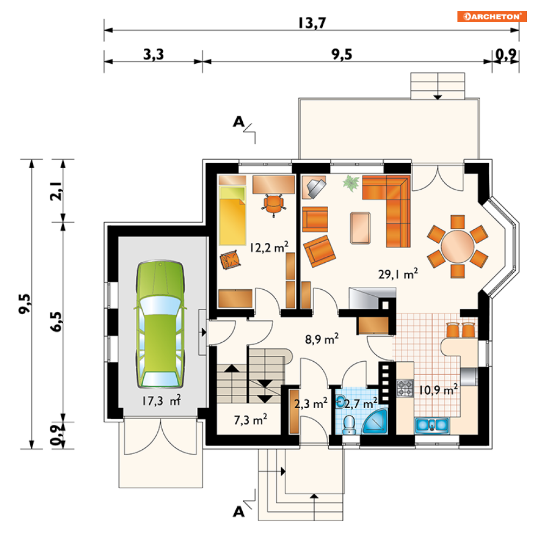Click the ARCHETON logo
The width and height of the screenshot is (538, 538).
point(491,16)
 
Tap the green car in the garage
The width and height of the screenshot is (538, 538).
point(160,324)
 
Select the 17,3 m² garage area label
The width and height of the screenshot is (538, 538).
point(162,401)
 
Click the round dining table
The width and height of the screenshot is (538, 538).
point(458,247)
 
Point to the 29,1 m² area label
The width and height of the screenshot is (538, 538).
point(398,274)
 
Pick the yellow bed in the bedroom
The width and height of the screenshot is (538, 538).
point(233,216)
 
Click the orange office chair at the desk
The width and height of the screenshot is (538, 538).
point(274,205)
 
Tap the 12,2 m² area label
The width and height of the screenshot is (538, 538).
point(269,247)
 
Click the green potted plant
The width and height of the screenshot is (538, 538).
point(351,183)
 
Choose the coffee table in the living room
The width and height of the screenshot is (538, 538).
point(360,228)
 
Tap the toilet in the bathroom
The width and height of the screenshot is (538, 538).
point(350,425)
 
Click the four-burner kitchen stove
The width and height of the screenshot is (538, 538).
point(405,388)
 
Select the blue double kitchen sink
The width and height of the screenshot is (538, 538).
point(432,426)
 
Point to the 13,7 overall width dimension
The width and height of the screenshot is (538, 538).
point(312,23)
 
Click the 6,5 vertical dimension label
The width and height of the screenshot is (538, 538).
point(57,322)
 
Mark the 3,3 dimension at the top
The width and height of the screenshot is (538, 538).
point(154,54)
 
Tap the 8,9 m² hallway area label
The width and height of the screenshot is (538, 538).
point(322,339)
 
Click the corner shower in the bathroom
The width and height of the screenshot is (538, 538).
point(376,421)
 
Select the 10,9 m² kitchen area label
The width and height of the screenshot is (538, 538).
point(438,390)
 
